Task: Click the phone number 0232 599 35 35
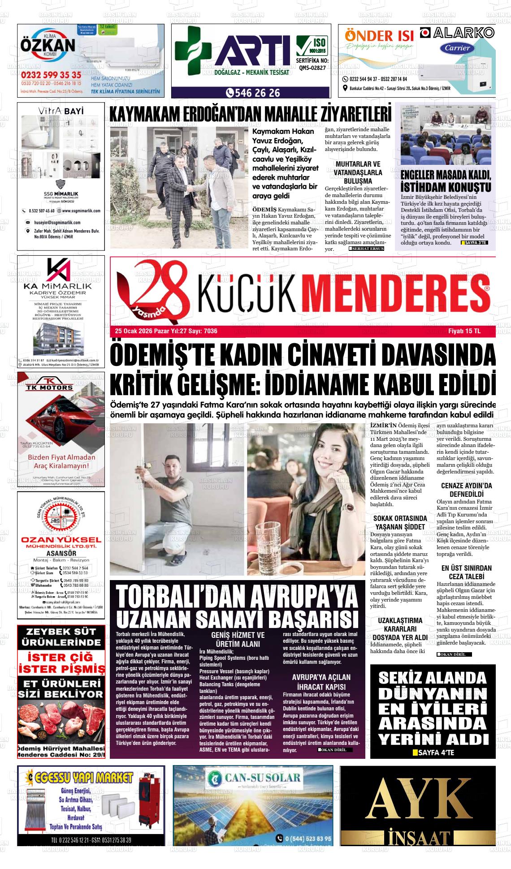[x=51, y=75]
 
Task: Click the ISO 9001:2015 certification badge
[x=312, y=46]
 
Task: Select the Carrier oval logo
[x=458, y=48]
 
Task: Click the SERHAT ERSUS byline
[x=367, y=249]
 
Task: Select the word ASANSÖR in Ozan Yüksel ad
[x=61, y=553]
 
